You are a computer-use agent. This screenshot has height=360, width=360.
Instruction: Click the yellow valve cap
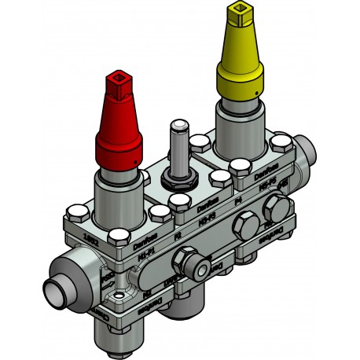tap(241, 63)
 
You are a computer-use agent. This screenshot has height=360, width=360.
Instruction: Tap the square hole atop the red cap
tap(120, 79)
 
